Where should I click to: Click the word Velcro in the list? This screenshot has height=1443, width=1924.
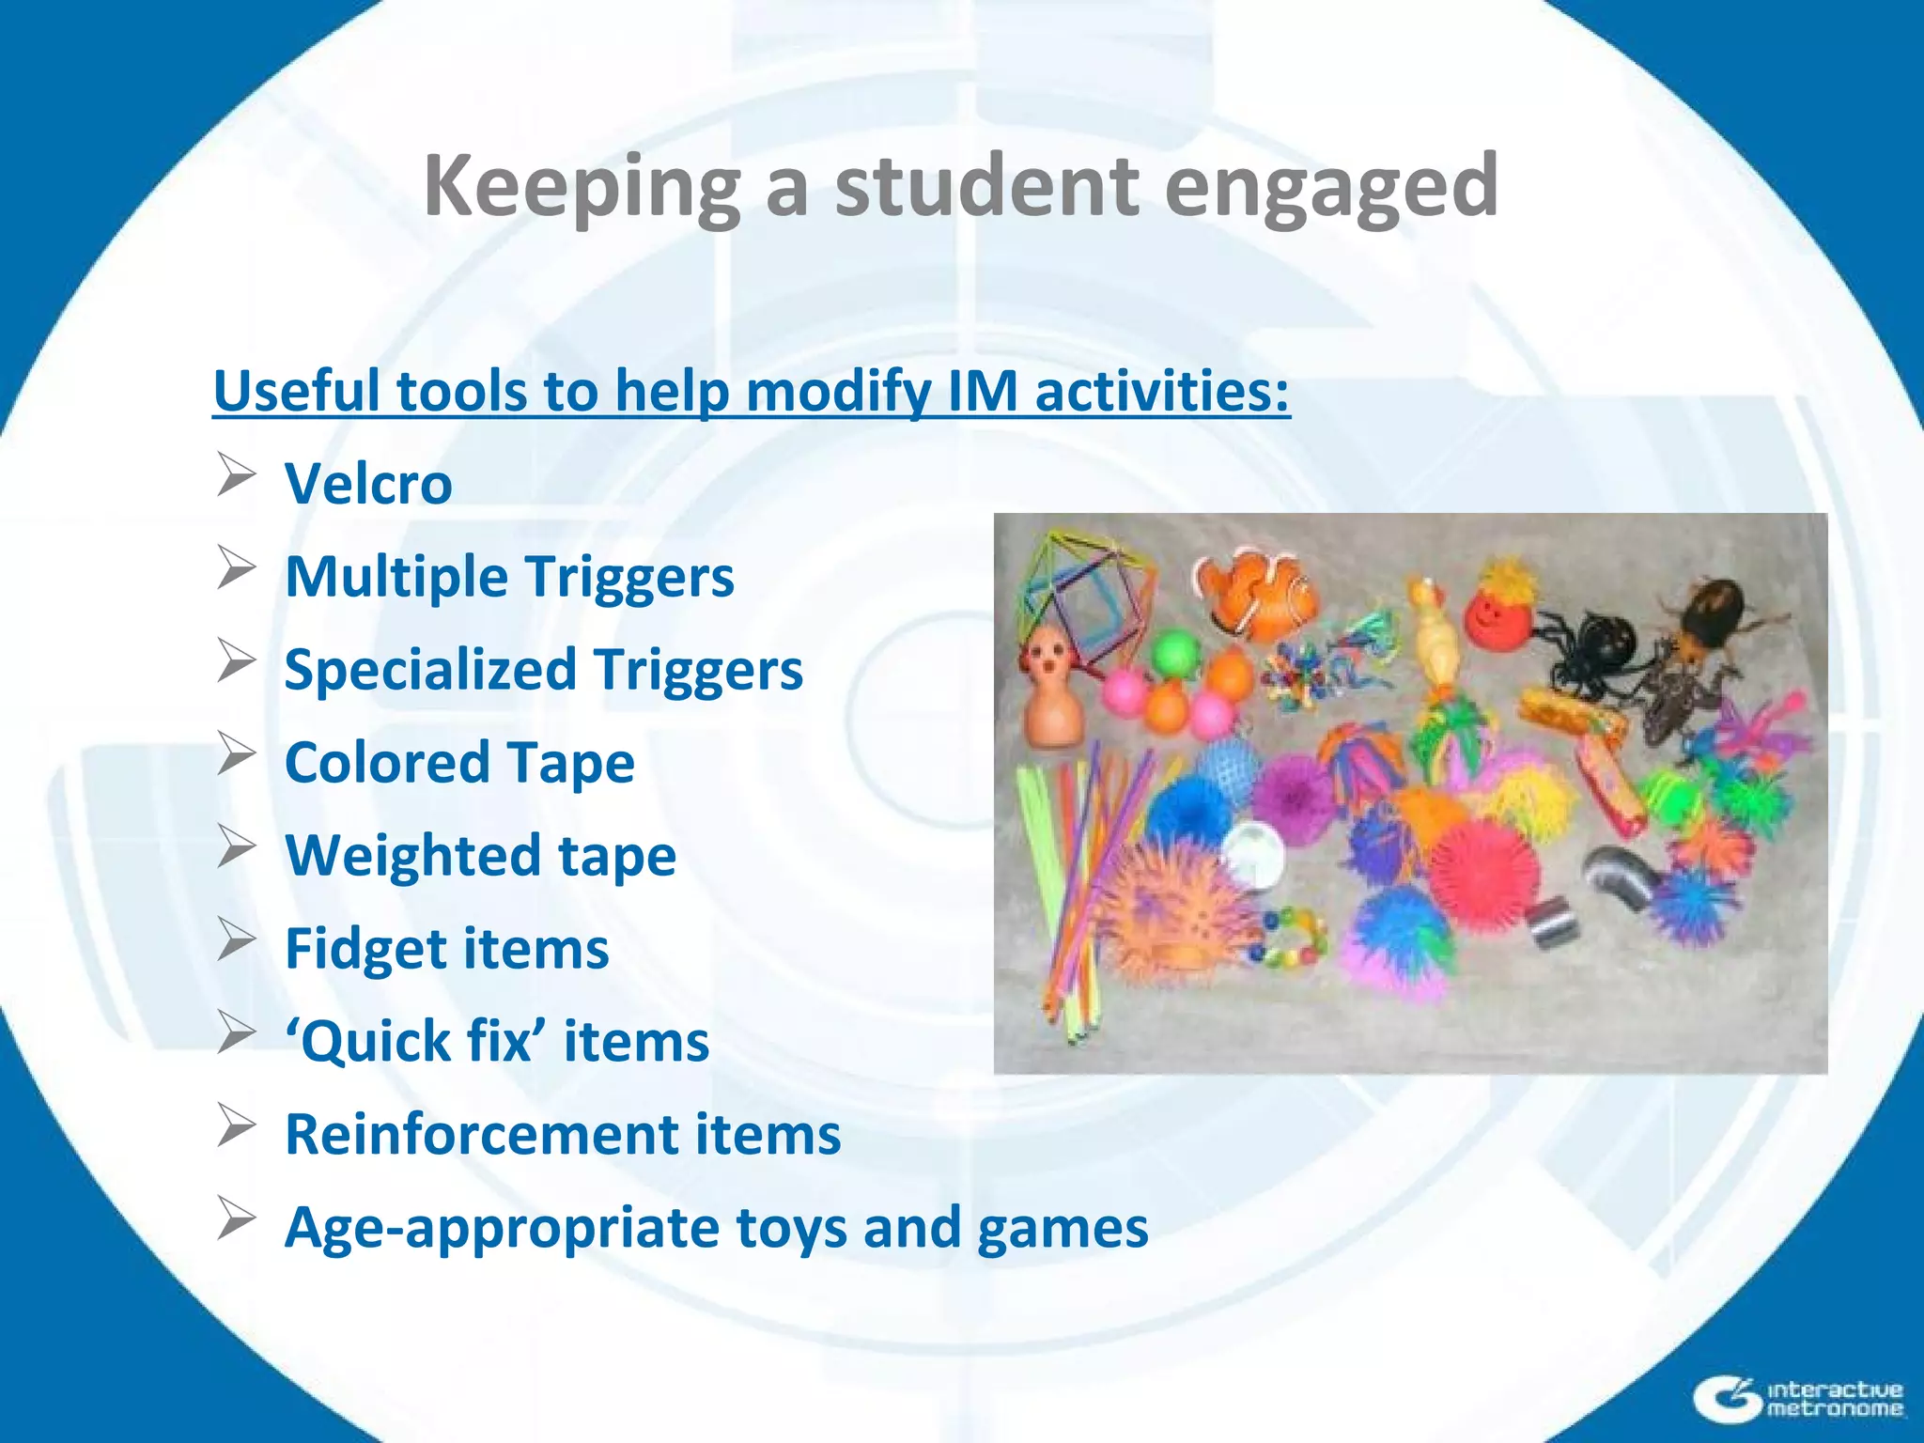point(368,484)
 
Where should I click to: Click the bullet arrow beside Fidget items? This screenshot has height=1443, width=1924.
point(236,940)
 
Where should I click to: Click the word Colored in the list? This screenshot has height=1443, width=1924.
point(386,762)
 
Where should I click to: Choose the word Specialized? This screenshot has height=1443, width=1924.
point(430,670)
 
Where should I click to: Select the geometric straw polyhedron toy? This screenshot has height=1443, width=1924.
point(1090,592)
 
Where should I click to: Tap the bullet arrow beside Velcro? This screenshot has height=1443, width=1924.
point(236,474)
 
